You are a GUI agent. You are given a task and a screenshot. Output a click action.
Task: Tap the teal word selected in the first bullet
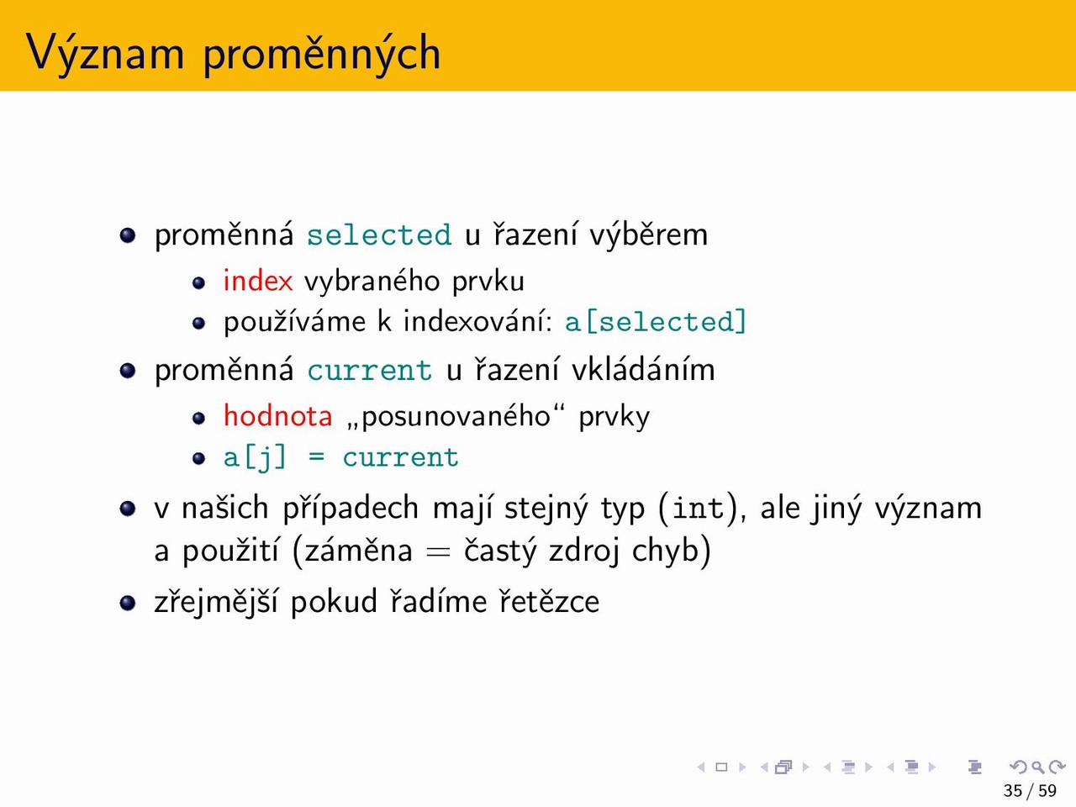(379, 235)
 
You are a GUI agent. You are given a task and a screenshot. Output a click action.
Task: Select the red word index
(258, 282)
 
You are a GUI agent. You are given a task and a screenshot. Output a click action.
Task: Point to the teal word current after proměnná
(370, 371)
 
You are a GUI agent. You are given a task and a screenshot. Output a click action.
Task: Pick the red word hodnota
(278, 416)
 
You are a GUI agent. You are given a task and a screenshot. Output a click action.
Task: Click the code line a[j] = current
(341, 457)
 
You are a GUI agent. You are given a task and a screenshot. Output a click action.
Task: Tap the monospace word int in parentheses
(698, 508)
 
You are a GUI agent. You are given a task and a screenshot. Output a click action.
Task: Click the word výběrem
(648, 235)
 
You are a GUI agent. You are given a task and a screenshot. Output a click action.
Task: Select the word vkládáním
(643, 370)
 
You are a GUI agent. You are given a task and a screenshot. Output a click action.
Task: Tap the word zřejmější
(217, 602)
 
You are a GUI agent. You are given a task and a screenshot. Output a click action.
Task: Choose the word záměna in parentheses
(358, 551)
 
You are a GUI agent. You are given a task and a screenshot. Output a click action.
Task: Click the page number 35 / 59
(1030, 791)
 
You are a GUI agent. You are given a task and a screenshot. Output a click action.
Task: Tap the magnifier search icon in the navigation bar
(1037, 767)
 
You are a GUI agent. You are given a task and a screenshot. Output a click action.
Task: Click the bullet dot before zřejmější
(128, 603)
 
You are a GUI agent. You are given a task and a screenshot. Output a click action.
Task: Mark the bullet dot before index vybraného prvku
(198, 282)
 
